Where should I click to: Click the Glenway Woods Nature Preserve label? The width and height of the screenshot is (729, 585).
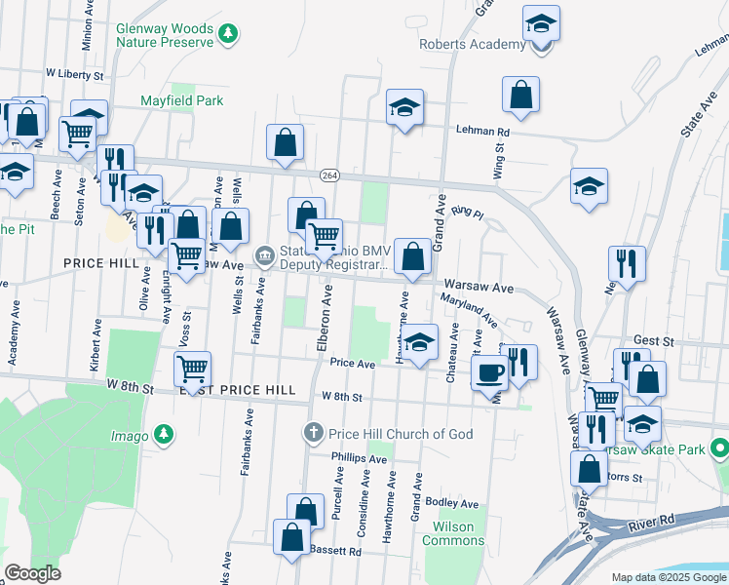pyautogui.click(x=164, y=36)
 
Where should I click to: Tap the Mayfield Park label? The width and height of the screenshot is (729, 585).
pyautogui.click(x=181, y=100)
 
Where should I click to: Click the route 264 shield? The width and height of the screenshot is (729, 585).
pyautogui.click(x=329, y=175)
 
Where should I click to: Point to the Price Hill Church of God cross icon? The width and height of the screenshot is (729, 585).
pyautogui.click(x=313, y=432)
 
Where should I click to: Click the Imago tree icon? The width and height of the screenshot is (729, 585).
pyautogui.click(x=166, y=434)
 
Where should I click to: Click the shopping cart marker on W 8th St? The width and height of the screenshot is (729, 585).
pyautogui.click(x=193, y=370)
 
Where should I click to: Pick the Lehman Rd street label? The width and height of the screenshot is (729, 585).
pyautogui.click(x=482, y=132)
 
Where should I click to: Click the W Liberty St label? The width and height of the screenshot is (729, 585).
pyautogui.click(x=74, y=73)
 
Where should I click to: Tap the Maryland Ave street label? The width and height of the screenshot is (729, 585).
pyautogui.click(x=468, y=311)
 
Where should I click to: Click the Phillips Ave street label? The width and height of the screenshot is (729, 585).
pyautogui.click(x=359, y=457)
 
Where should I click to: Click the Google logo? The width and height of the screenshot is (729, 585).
pyautogui.click(x=32, y=573)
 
